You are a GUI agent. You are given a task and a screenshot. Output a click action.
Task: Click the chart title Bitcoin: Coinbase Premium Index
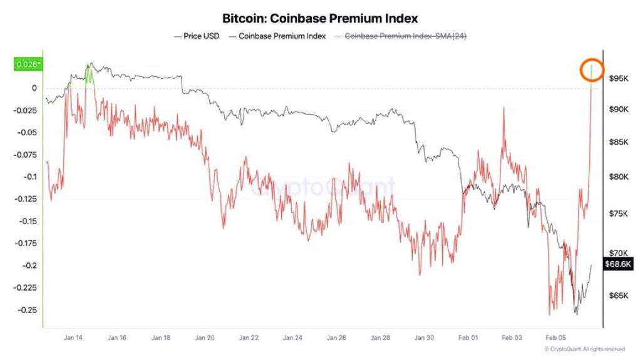point(319,18)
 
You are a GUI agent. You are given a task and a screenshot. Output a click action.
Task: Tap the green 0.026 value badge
point(27,64)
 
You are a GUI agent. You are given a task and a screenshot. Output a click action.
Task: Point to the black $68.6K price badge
point(618,264)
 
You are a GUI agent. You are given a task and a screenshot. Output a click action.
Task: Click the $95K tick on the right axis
point(618,78)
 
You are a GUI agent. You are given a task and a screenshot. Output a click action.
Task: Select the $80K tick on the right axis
point(618,177)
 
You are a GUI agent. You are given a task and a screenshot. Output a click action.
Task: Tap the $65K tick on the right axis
point(618,295)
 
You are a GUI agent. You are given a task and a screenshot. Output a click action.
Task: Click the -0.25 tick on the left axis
point(27,310)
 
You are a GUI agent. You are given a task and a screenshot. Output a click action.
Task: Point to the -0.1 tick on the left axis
point(29,177)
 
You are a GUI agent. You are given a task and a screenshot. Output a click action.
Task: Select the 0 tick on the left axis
point(34,88)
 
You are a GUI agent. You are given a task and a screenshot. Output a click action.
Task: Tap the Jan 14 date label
point(73,337)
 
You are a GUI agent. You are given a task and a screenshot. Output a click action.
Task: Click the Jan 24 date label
point(292,337)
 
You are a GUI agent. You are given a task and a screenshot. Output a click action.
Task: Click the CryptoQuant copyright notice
point(584,349)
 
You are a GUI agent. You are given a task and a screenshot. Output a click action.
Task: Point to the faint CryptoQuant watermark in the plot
point(323,187)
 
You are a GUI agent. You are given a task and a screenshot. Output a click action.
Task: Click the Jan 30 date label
point(425,337)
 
